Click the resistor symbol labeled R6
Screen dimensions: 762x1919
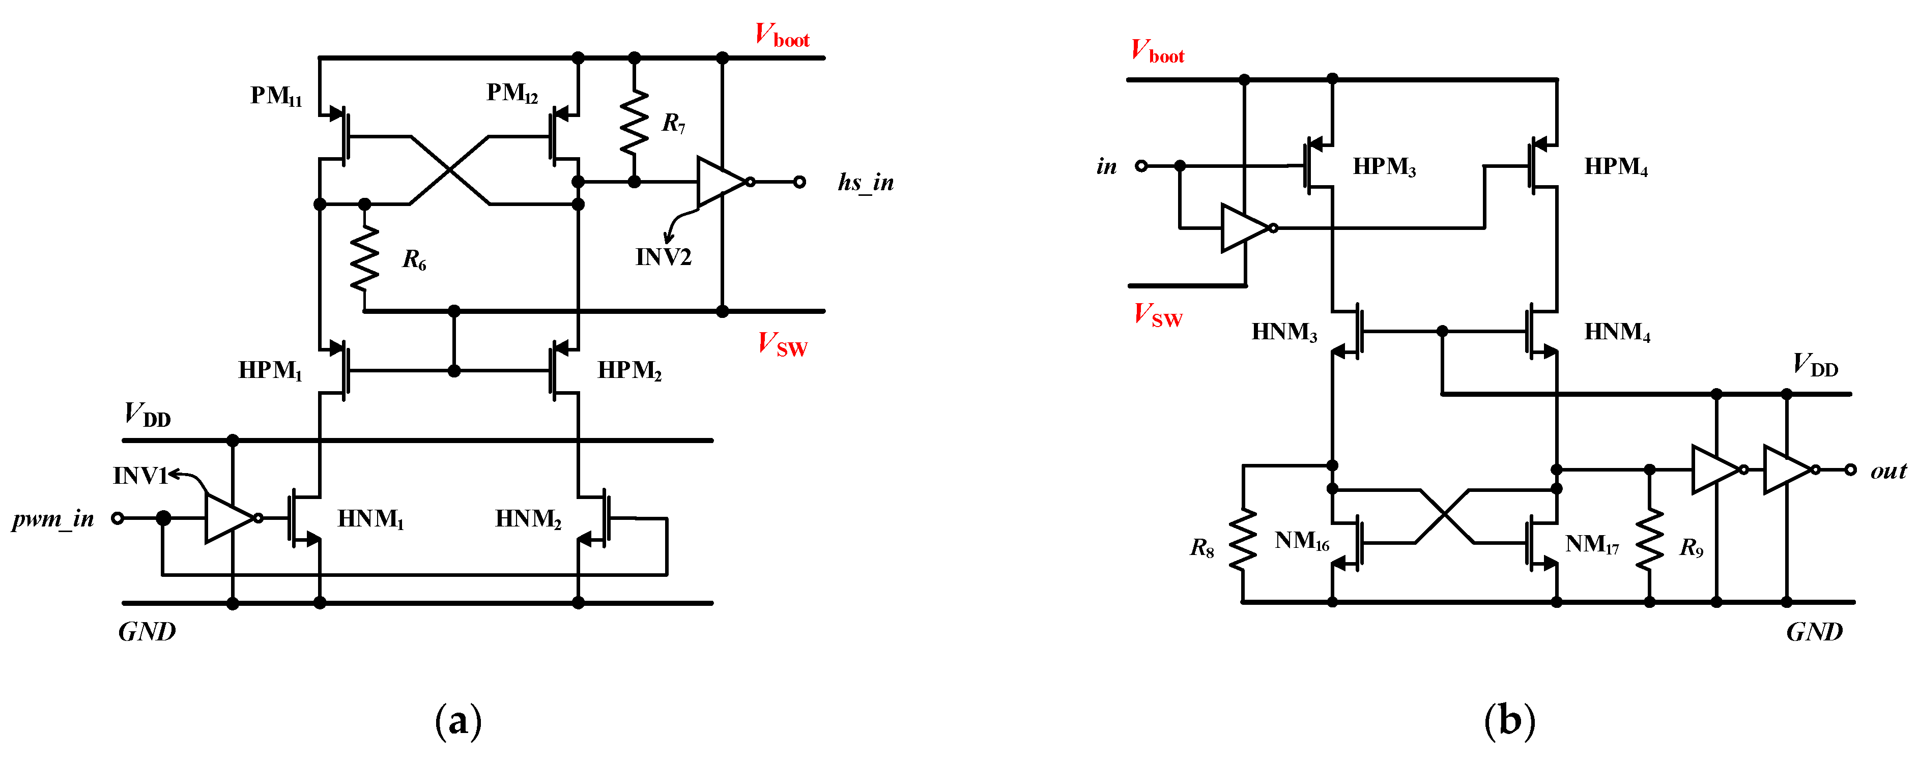(364, 258)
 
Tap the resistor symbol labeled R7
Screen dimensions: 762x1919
(634, 122)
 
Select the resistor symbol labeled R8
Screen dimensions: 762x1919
(1243, 539)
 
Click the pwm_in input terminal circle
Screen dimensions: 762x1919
(117, 518)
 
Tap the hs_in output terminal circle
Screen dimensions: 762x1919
(799, 182)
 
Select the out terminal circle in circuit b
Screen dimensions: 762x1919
(1850, 470)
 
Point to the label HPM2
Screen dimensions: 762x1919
(629, 370)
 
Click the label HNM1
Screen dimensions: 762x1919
(370, 518)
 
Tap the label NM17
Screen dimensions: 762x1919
(1591, 544)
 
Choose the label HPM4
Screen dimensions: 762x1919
(1615, 167)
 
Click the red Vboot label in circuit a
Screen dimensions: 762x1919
(782, 35)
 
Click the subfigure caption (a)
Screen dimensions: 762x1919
(458, 721)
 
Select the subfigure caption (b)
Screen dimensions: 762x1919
(1509, 721)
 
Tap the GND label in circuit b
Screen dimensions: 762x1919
(1814, 632)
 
